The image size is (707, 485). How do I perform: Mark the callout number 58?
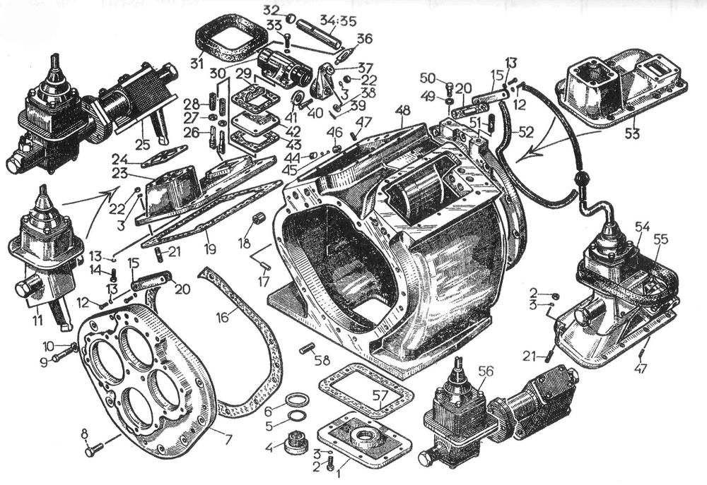point(322,360)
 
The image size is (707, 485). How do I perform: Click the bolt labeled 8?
point(97,448)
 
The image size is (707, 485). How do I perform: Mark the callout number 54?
point(642,226)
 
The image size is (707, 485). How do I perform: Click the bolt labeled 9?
point(62,358)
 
